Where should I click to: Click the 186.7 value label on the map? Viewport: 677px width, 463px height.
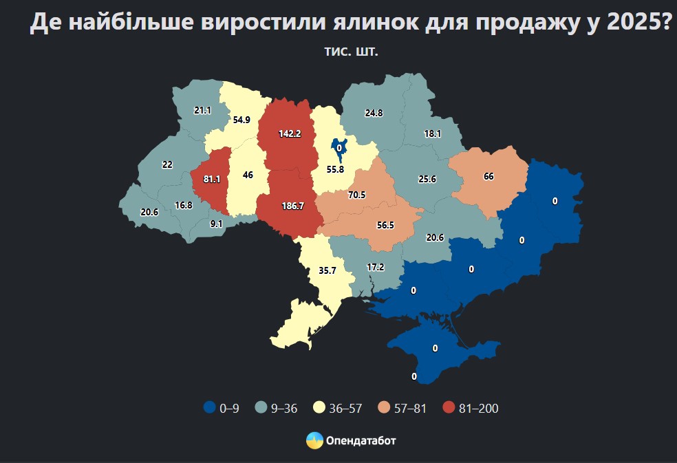pos(293,206)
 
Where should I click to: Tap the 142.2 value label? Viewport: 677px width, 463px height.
pos(290,134)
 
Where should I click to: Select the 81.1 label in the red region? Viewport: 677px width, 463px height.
pos(211,180)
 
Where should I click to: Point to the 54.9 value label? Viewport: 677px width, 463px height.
pos(241,119)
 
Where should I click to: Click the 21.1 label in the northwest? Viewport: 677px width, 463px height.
pos(202,110)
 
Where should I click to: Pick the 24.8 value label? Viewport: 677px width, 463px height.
pos(374,112)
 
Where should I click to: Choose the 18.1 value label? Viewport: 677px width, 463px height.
pos(433,134)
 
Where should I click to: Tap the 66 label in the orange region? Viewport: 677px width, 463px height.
pos(488,176)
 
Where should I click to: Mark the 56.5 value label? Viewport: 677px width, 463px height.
pos(385,225)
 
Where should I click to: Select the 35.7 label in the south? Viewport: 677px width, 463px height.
pos(327,270)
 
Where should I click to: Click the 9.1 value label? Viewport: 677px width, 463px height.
pos(216,223)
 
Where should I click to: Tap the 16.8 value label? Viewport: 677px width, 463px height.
pos(183,205)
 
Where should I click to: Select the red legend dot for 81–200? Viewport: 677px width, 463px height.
pos(449,408)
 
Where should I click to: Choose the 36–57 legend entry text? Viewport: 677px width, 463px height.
pos(346,409)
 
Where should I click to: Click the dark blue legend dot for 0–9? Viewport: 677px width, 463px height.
pos(209,408)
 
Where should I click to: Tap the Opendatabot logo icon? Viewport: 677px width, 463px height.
pos(314,440)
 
